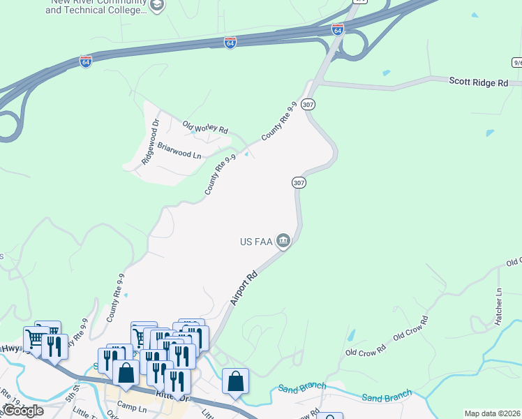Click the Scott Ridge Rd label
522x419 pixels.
[478, 82]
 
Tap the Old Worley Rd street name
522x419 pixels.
[205, 126]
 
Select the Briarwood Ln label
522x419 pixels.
[179, 150]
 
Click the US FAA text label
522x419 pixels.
[255, 242]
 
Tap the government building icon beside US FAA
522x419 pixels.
[283, 242]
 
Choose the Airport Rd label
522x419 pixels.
[244, 288]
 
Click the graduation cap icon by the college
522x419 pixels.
[158, 6]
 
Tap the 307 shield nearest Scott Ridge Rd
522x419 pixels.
[309, 104]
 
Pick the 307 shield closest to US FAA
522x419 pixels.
[299, 182]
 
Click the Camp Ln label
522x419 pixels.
[132, 405]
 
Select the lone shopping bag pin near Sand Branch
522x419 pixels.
[235, 381]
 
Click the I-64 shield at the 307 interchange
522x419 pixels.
[338, 29]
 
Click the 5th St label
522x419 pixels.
[73, 390]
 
